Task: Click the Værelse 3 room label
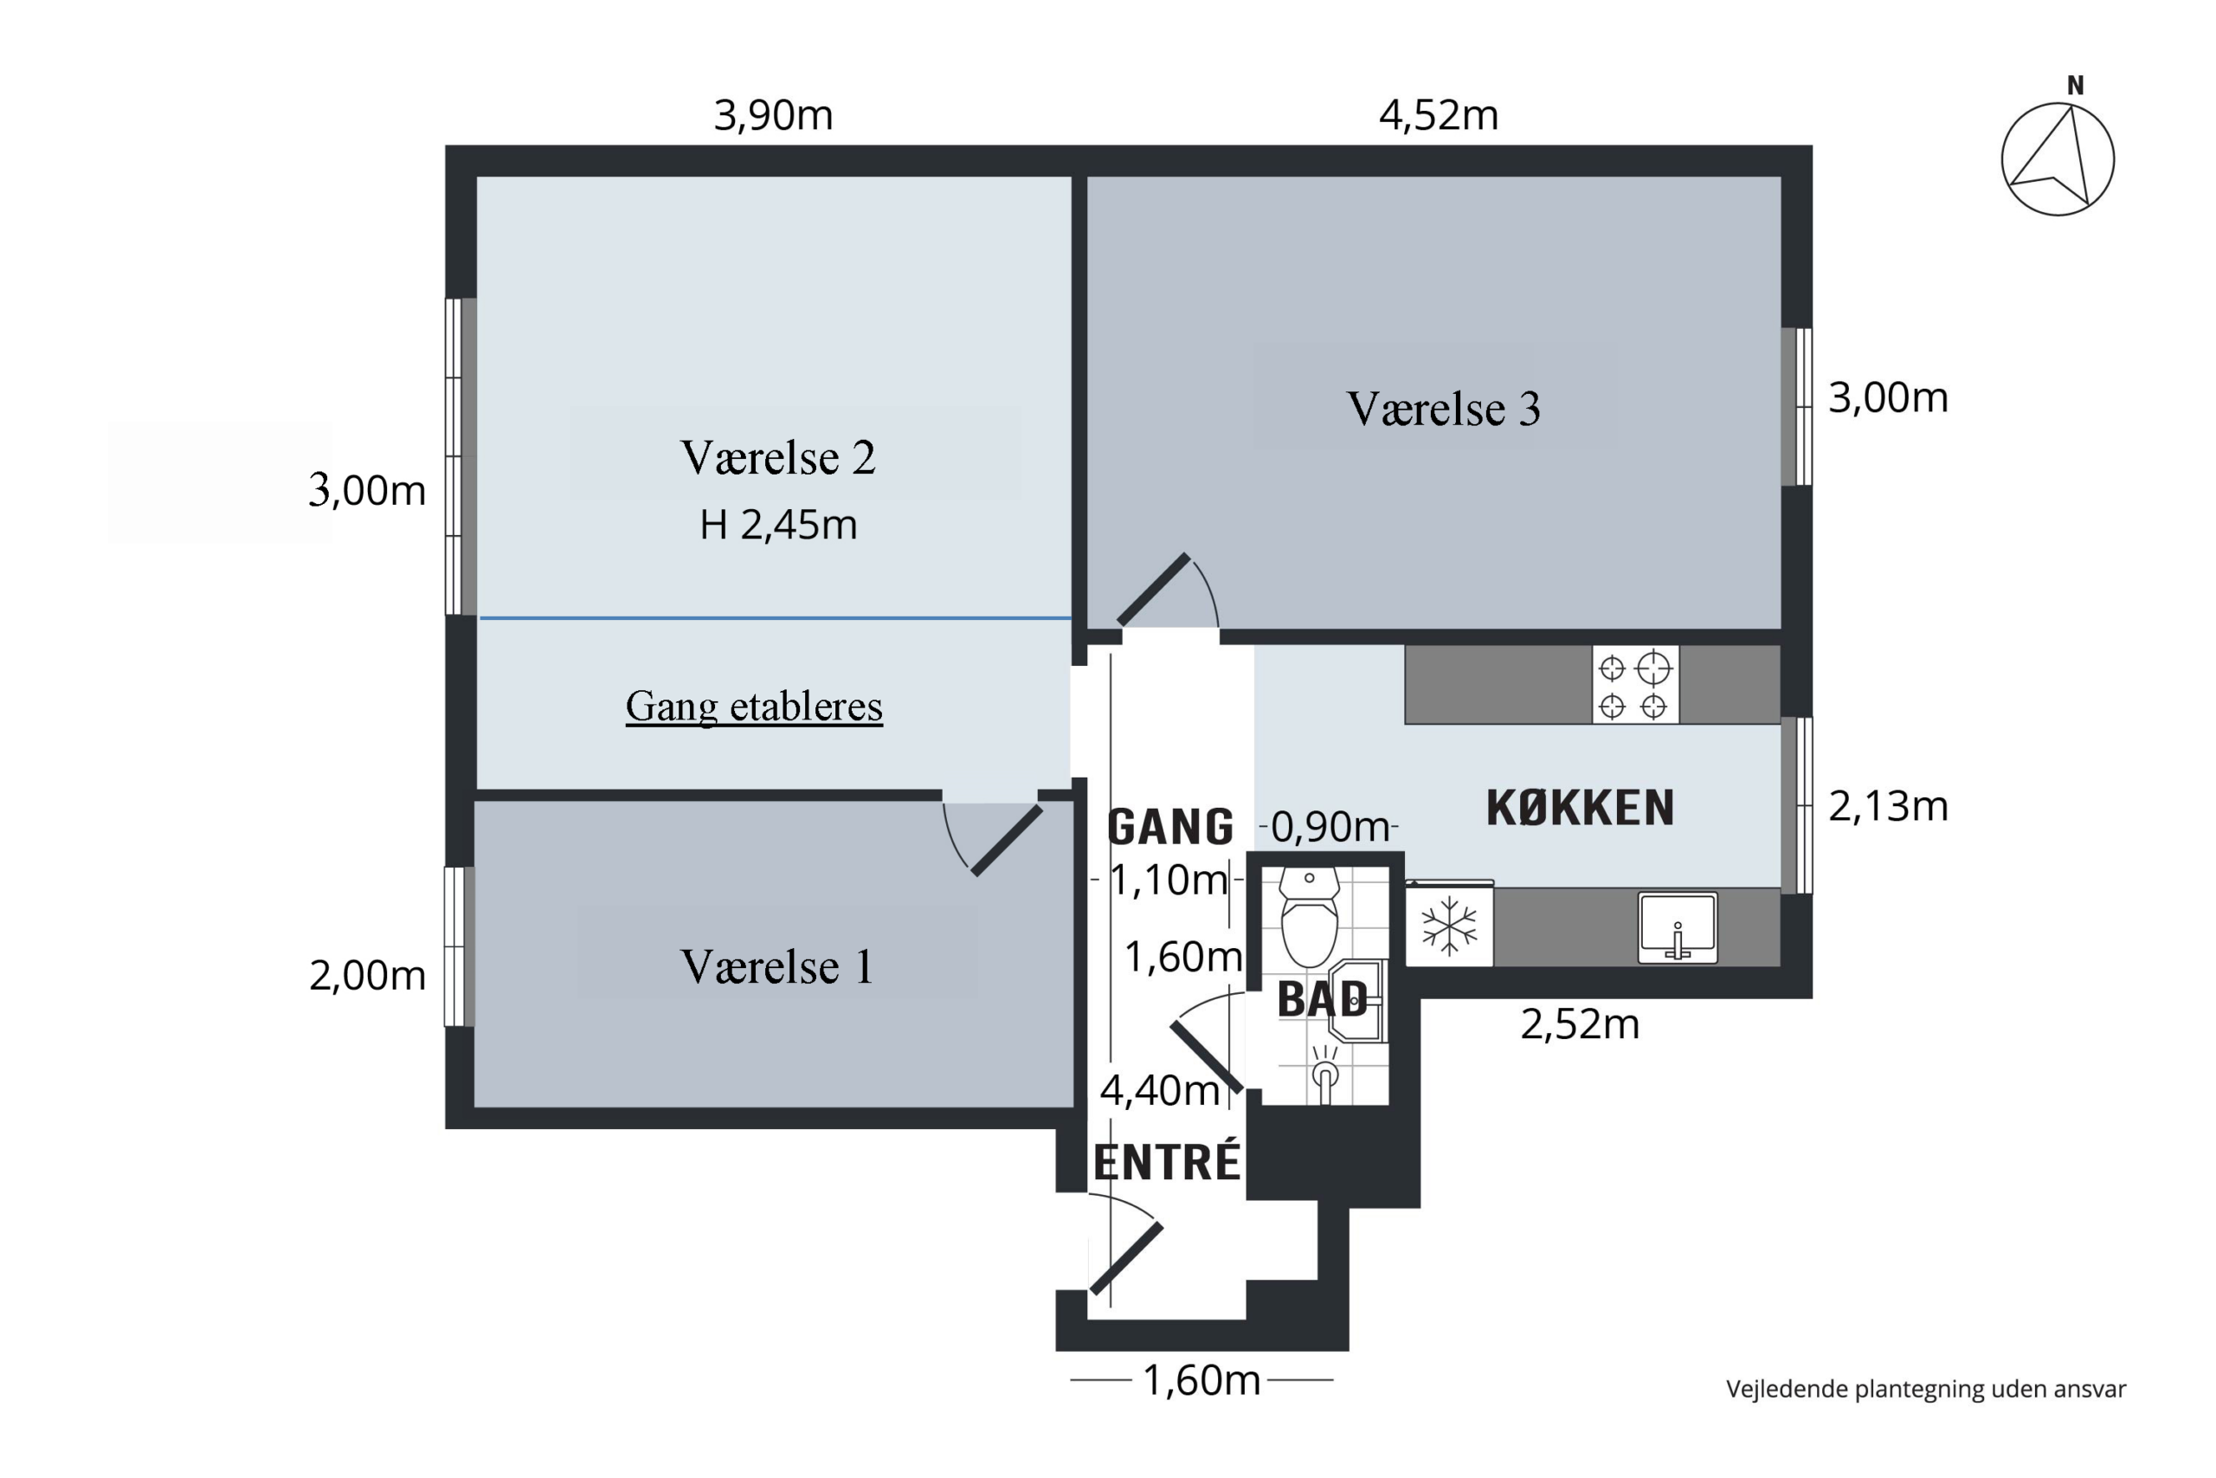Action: point(1443,409)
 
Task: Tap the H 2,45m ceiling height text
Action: point(778,525)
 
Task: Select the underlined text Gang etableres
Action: point(754,707)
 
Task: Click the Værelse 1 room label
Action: point(777,967)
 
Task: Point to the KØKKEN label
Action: point(1580,808)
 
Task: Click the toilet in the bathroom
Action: point(1310,917)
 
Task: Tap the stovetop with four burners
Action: point(1634,685)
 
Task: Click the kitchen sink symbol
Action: point(1677,927)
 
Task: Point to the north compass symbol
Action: point(2058,151)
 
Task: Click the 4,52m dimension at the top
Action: point(1439,116)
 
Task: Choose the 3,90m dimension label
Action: point(774,116)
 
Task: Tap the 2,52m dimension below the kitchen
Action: point(1580,1024)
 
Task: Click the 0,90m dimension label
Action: point(1330,828)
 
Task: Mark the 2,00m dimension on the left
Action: point(367,976)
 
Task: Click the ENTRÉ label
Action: point(1166,1162)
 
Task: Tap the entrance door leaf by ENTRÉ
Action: point(1127,1258)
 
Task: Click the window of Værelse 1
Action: point(459,946)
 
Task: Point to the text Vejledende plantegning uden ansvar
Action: point(1926,1390)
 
